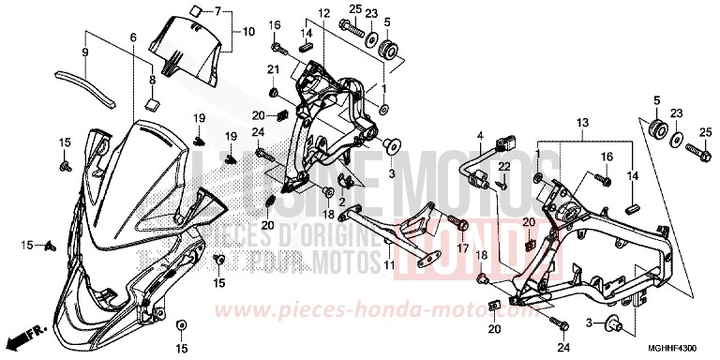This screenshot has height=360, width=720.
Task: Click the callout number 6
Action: tap(133, 37)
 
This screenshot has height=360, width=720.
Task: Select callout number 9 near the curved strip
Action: tap(86, 52)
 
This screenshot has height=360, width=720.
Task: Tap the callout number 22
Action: tap(502, 166)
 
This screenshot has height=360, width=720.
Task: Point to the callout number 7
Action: tap(217, 11)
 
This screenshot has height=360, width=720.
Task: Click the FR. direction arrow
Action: tap(25, 334)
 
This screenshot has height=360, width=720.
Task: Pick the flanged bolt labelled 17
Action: tap(462, 223)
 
